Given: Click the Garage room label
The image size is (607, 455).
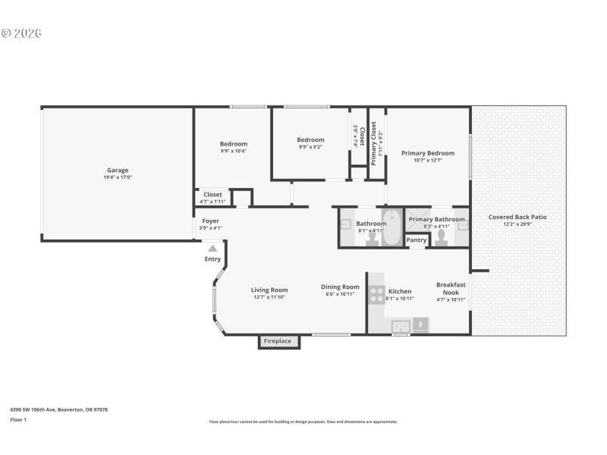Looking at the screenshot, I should [x=118, y=170].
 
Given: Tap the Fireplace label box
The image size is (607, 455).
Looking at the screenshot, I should [x=278, y=341].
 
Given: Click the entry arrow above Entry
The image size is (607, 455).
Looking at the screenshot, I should [x=212, y=248].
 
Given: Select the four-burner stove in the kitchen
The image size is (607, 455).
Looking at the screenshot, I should [x=376, y=294].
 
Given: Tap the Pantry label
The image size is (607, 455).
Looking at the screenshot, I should [x=417, y=240].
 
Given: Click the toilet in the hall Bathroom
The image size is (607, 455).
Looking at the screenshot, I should [x=372, y=237].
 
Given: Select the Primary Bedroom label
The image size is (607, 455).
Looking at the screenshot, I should [x=428, y=153].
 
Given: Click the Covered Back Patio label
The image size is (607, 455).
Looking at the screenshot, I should [x=517, y=217].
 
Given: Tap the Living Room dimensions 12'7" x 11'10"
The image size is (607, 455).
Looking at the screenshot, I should [x=269, y=297].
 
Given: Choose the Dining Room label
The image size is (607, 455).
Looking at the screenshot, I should [x=339, y=287].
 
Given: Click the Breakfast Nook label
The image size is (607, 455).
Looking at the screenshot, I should [x=451, y=289].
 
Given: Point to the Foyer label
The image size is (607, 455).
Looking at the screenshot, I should [x=210, y=221].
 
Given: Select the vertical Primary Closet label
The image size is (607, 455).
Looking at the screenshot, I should [x=373, y=143].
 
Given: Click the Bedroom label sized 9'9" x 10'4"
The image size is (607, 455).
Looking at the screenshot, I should [x=234, y=144].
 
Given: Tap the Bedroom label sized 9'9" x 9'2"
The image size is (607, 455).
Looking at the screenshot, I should [x=310, y=140].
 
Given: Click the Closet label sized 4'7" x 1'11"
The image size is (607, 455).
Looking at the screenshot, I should [x=212, y=195].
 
